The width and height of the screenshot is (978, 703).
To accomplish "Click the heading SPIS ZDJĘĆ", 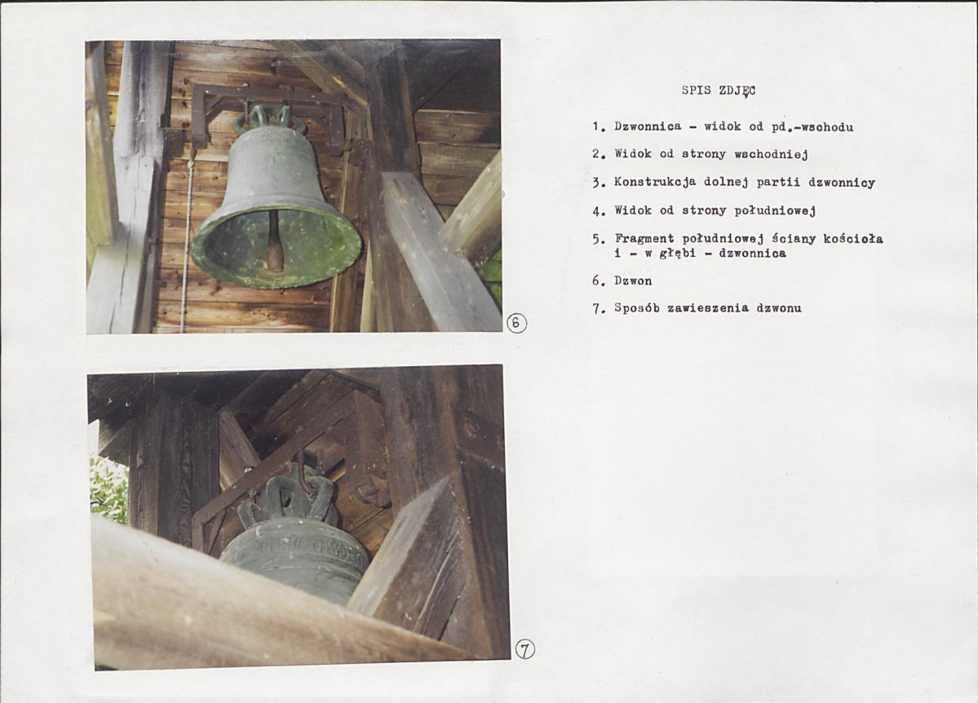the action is [x=718, y=91].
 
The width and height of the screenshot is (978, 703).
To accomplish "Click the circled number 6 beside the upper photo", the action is [x=516, y=323].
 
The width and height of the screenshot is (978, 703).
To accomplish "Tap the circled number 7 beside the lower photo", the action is [x=524, y=650].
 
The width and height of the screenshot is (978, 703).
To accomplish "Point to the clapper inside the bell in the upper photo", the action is [x=274, y=241].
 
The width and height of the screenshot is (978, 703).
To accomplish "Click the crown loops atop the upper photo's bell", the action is [x=269, y=118].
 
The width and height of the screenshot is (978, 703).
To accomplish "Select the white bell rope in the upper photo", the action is [x=186, y=243].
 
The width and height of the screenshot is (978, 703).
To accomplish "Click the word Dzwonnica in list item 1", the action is [x=648, y=126].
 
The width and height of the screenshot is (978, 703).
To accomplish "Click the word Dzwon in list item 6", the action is [x=633, y=281].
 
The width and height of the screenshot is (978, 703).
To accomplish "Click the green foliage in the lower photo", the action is [x=108, y=489].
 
